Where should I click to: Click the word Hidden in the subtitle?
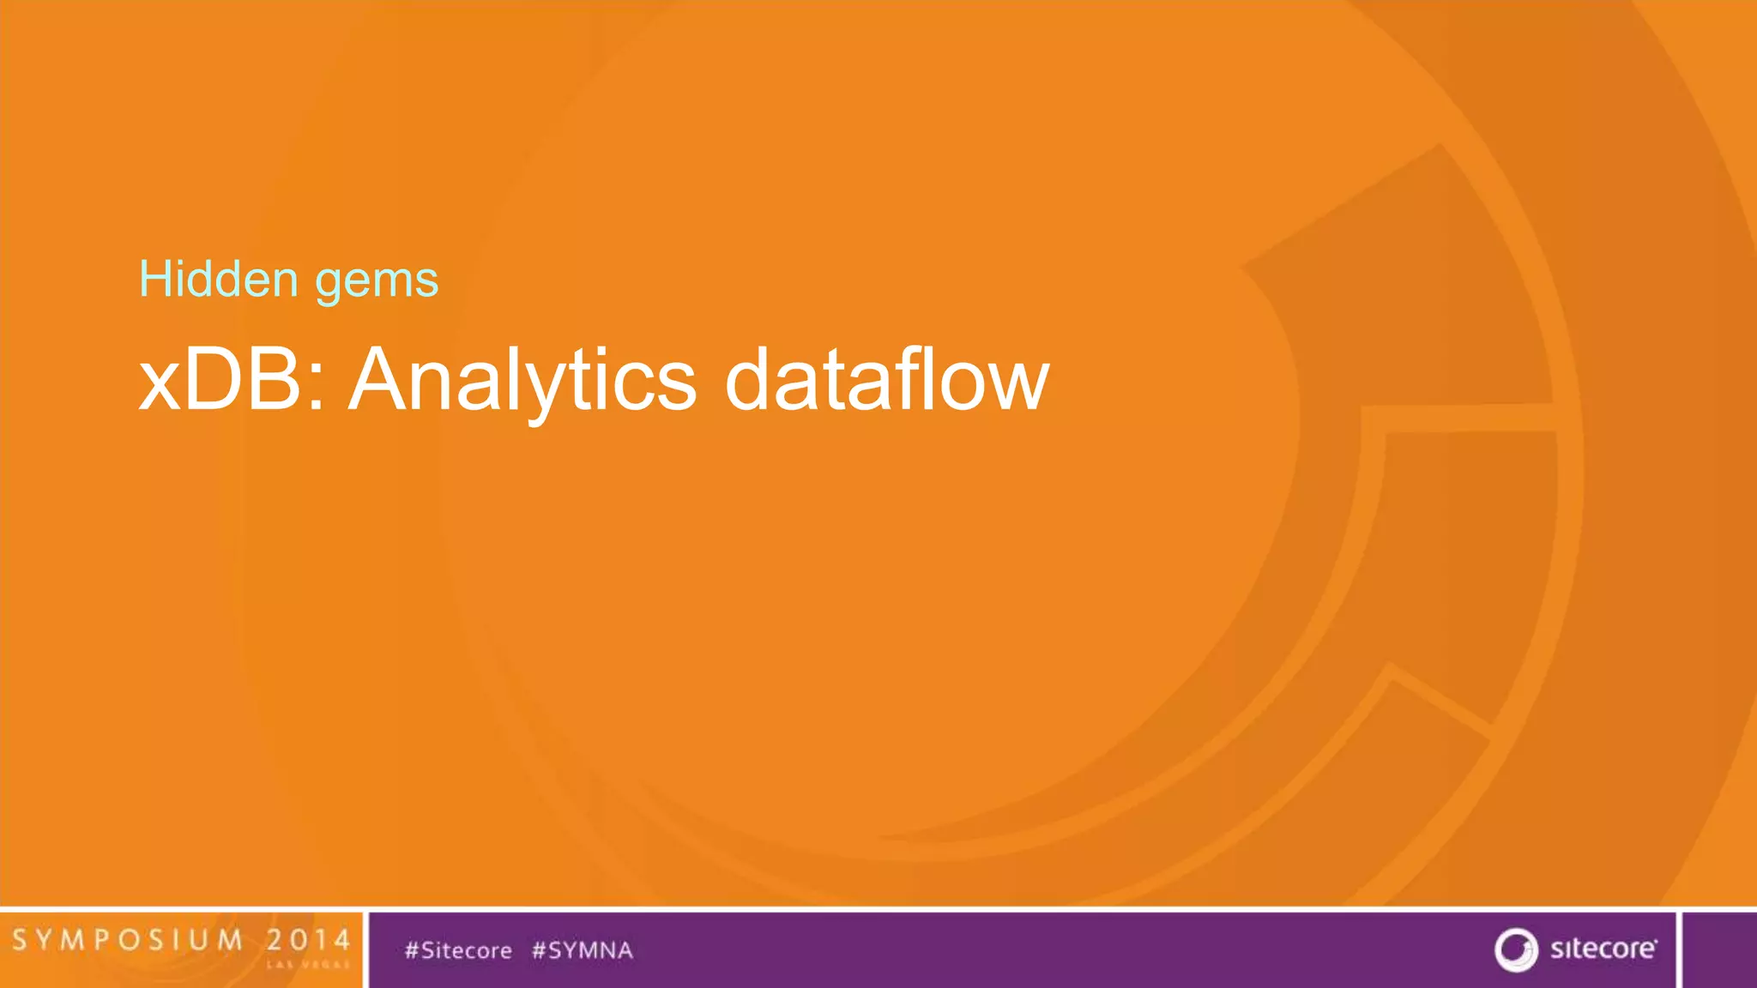[219, 280]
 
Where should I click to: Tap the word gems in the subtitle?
[377, 281]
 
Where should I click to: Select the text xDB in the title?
[220, 380]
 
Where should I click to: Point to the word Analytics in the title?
[522, 380]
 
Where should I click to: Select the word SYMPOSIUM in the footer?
[129, 940]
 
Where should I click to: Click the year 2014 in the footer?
[308, 940]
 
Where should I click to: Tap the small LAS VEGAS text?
[308, 965]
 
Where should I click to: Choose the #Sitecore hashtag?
[458, 950]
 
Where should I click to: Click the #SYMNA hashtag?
[583, 950]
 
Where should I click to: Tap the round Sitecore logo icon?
[1516, 949]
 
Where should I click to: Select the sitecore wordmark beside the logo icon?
[1603, 949]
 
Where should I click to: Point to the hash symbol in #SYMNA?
[540, 950]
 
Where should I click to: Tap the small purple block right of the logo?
[1719, 949]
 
